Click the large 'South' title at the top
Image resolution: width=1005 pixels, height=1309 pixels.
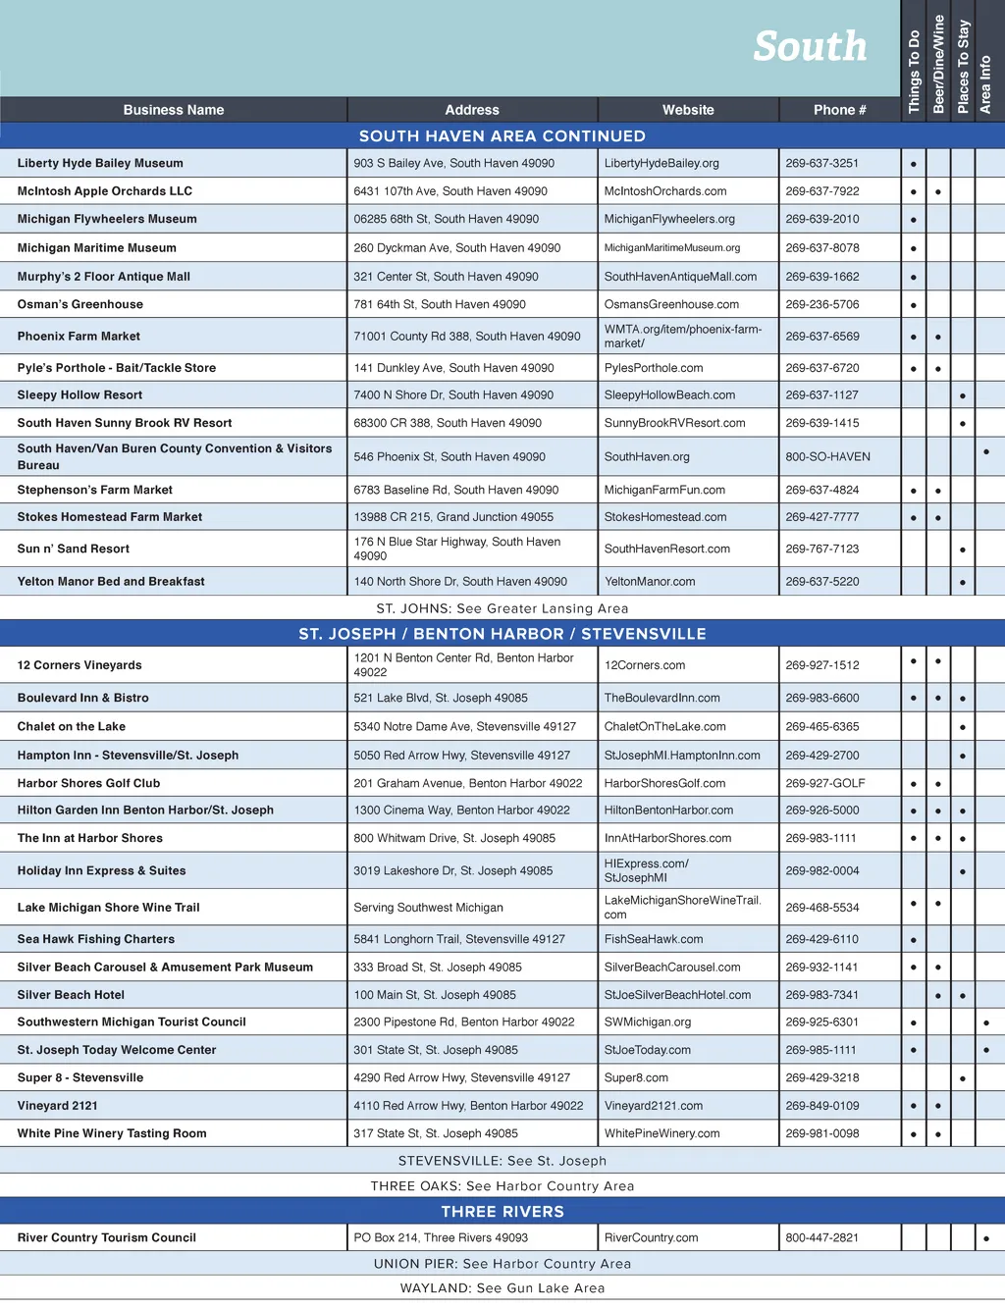click(810, 46)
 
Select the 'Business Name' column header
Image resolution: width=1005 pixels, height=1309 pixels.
click(174, 110)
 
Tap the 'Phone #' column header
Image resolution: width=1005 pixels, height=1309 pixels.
click(839, 110)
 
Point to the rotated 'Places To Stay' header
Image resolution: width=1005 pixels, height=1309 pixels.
click(963, 67)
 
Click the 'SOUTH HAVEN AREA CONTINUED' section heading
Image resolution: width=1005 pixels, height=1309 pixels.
click(502, 136)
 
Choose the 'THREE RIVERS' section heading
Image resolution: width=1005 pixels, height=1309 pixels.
click(502, 1212)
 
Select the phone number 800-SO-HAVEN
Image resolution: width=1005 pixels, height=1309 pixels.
click(827, 456)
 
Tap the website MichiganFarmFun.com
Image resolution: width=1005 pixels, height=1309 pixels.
click(664, 490)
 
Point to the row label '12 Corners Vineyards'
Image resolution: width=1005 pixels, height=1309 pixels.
click(79, 665)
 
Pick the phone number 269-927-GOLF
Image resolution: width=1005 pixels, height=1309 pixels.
click(824, 783)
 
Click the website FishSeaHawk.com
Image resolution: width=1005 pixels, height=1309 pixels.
click(654, 939)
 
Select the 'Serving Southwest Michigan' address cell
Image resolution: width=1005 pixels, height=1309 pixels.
click(428, 908)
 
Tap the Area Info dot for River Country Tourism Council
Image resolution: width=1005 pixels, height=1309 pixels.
click(985, 1238)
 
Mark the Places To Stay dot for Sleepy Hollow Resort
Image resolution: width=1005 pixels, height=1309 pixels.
click(963, 396)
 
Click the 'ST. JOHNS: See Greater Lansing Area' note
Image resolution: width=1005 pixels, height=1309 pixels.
click(502, 608)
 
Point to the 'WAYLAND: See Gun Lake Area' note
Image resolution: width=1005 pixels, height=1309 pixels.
click(502, 1288)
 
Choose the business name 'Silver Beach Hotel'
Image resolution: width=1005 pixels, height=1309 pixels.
click(71, 995)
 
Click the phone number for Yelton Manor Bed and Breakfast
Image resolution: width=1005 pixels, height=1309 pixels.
click(821, 582)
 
